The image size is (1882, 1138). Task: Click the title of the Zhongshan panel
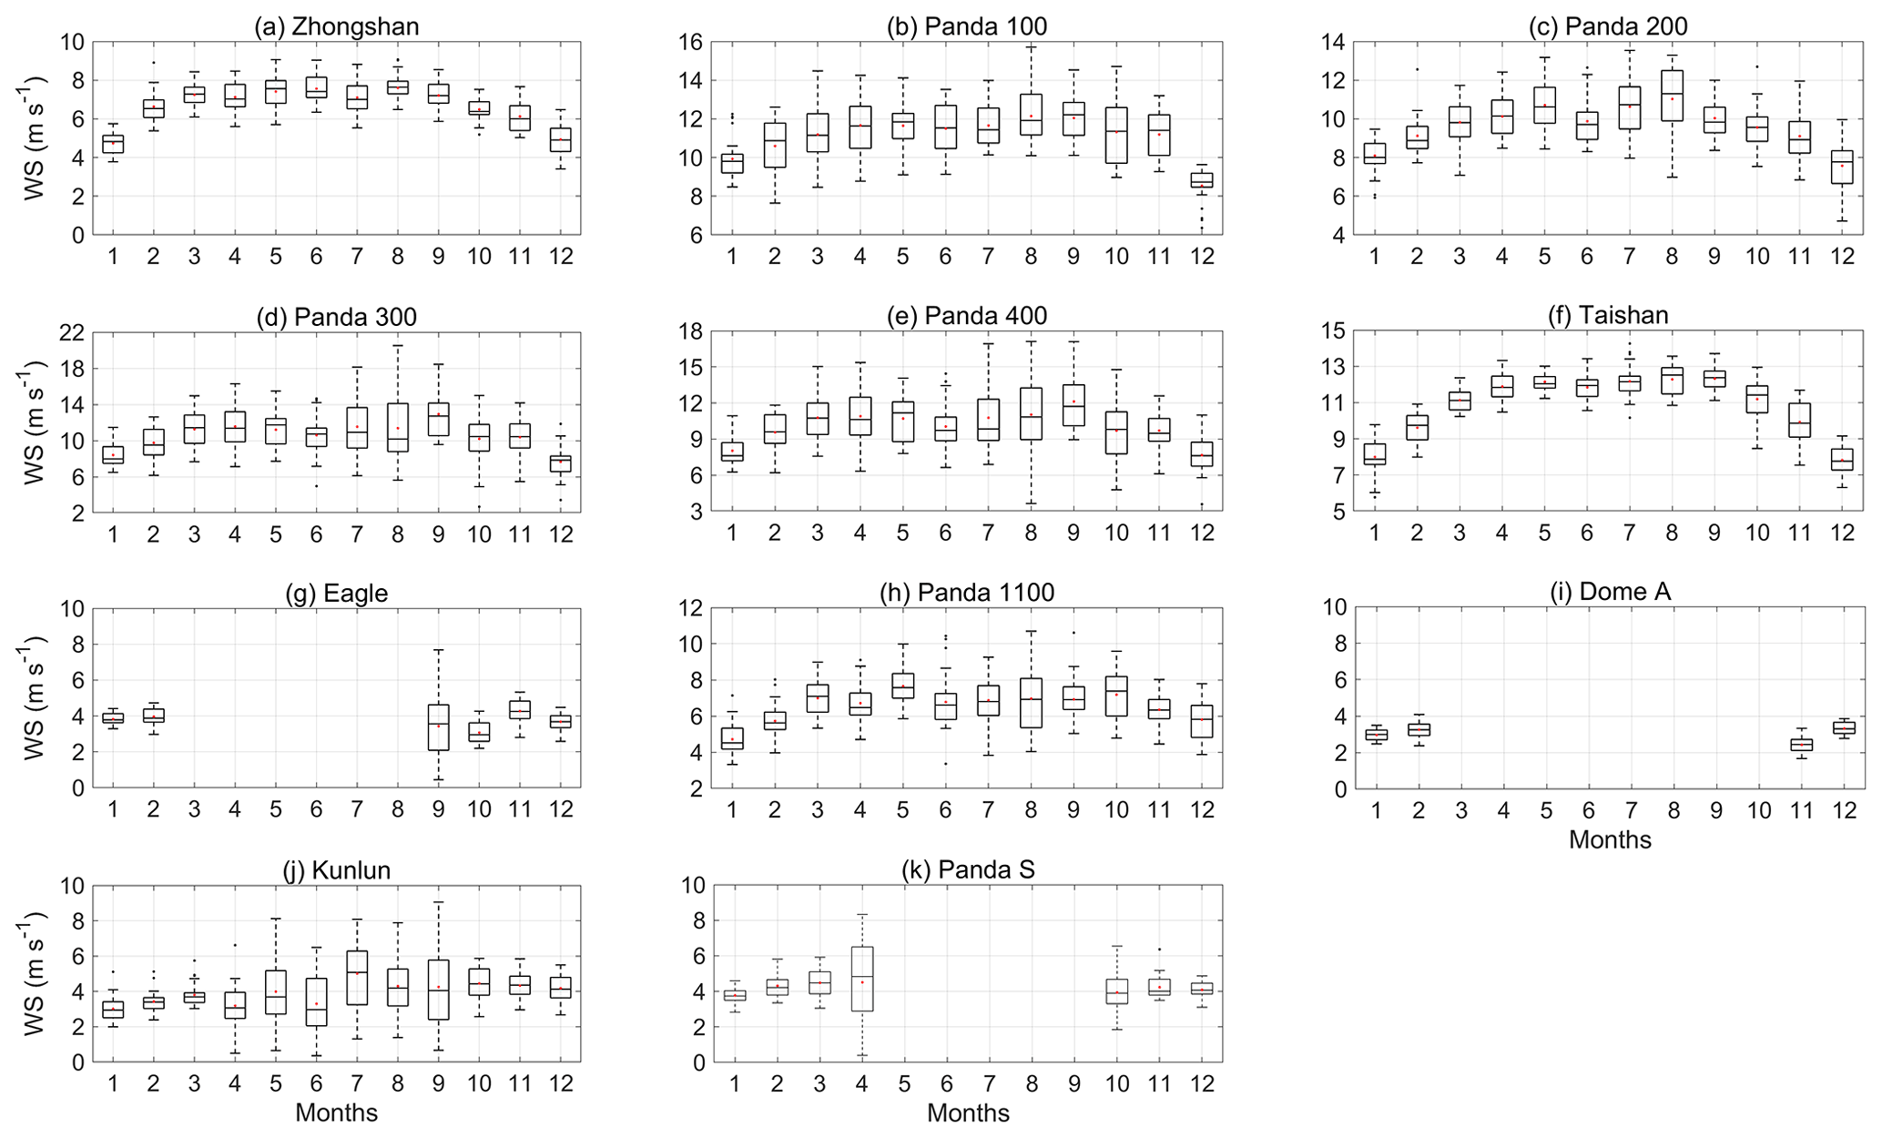tap(336, 26)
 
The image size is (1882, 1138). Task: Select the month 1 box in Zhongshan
tap(113, 144)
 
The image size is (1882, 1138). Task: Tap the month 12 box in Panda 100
tap(1202, 180)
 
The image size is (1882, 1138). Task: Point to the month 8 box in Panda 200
tap(1672, 96)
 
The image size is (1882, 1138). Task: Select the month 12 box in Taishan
tap(1842, 460)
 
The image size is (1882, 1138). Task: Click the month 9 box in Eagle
tap(439, 727)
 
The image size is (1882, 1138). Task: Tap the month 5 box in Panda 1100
tap(902, 686)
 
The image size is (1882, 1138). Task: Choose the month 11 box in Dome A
tap(1801, 745)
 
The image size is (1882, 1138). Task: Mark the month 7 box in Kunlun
tap(357, 978)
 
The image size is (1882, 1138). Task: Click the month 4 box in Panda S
tap(862, 979)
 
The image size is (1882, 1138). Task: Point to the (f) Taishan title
tap(1608, 316)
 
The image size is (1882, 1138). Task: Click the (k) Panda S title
tap(968, 870)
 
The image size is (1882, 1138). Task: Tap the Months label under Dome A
tap(1609, 840)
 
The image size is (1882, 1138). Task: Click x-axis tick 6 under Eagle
tap(316, 809)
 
